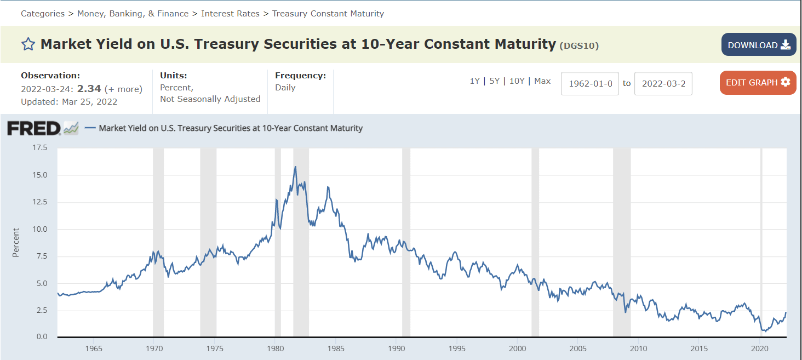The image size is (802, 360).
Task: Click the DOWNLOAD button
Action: coord(759,45)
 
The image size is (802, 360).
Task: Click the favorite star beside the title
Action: coord(28,44)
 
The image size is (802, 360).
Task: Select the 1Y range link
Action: coord(474,81)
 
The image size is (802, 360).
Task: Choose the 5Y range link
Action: coord(495,81)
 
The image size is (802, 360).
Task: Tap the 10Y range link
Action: coord(517,81)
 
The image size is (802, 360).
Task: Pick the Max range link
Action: coord(542,81)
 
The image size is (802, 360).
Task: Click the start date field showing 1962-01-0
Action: coord(589,83)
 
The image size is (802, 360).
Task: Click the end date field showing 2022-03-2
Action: coord(663,83)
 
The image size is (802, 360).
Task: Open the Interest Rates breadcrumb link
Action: coord(230,14)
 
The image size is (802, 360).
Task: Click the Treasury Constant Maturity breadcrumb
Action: coord(328,14)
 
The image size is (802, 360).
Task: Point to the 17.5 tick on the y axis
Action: coord(40,147)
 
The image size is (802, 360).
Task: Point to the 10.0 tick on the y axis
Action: coord(40,229)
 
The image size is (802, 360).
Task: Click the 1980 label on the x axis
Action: coord(276,348)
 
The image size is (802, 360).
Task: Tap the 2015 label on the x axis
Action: coord(699,348)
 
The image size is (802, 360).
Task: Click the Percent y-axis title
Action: coord(16,243)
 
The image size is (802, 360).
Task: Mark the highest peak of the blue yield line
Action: coord(295,167)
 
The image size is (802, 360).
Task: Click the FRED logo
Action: coord(34,128)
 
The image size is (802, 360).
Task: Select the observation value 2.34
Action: coord(89,88)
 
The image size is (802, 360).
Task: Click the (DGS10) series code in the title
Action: coord(579,46)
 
